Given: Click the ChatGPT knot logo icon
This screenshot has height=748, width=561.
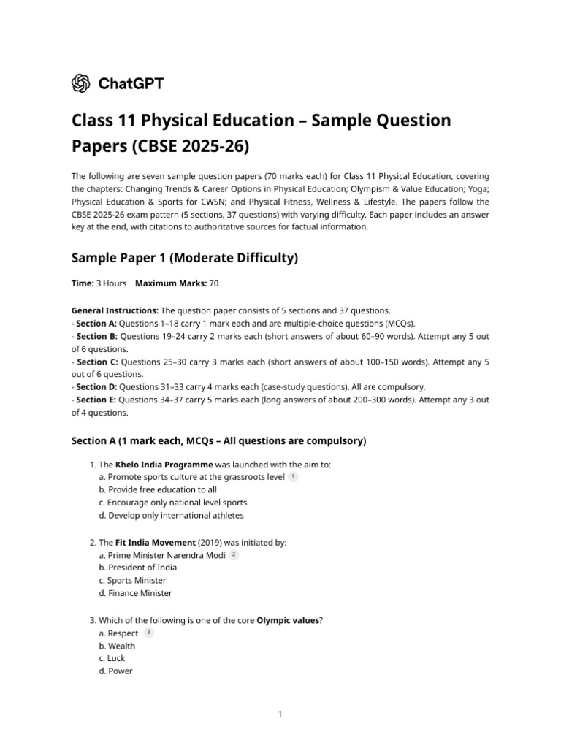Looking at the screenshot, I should click(80, 83).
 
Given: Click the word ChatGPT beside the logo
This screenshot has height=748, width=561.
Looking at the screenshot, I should click(129, 83).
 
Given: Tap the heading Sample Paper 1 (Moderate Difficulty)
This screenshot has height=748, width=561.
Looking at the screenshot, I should click(184, 258).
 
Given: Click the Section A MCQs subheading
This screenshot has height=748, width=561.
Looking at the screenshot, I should click(218, 441).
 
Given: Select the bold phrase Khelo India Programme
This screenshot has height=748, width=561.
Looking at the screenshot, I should click(164, 465).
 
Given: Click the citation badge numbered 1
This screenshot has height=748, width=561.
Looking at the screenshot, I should click(293, 477).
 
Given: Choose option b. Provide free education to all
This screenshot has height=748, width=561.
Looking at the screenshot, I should click(157, 489).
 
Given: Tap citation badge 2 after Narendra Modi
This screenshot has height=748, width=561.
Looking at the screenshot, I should click(234, 555).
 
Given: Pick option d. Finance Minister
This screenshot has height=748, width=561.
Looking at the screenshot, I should click(134, 593).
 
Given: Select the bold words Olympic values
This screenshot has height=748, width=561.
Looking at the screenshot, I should click(288, 620).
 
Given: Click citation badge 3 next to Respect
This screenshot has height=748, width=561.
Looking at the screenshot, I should click(148, 633).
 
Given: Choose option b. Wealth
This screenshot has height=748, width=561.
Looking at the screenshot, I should click(117, 646).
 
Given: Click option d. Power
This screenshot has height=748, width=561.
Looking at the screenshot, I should click(115, 671).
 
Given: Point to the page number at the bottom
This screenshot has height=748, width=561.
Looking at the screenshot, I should click(280, 714).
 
